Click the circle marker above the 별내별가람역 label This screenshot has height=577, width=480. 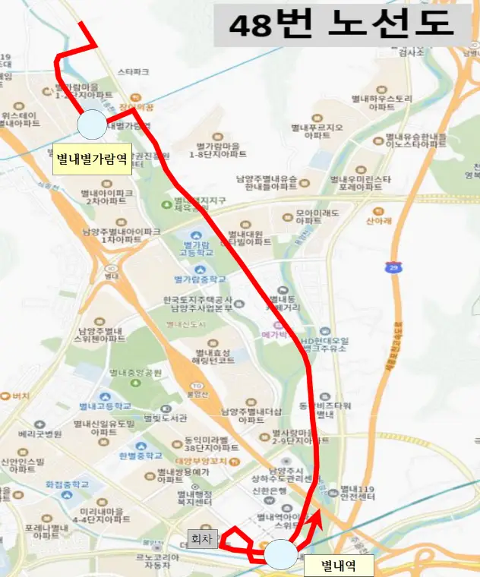pyautogui.click(x=93, y=125)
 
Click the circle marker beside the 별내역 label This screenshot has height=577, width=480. pyautogui.click(x=281, y=553)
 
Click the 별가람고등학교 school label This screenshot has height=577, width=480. pyautogui.click(x=196, y=250)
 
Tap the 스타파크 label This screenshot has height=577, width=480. pyautogui.click(x=134, y=72)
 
